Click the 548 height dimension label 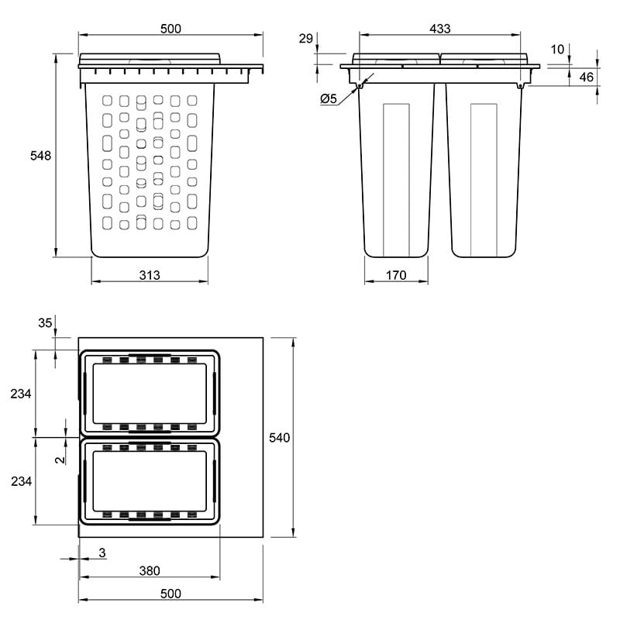(x=41, y=156)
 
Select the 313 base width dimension (x=150, y=275)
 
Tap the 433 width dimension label (x=440, y=29)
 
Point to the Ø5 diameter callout (x=329, y=98)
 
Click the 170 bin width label (x=396, y=275)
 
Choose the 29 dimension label (x=305, y=38)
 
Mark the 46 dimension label (x=587, y=77)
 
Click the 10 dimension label (x=557, y=50)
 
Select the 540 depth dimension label (x=280, y=437)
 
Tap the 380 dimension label (x=150, y=570)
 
